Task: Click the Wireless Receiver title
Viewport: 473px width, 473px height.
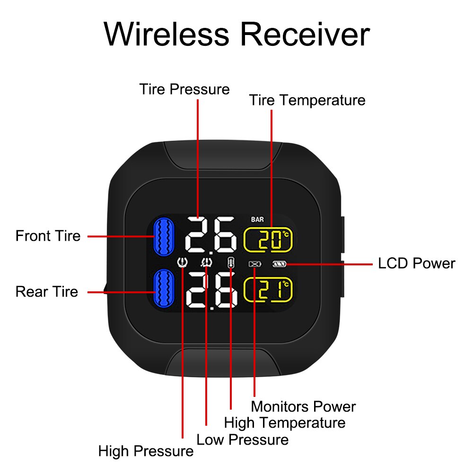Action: (236, 34)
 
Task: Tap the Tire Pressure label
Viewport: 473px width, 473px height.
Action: (184, 89)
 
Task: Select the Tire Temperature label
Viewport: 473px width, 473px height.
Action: (307, 100)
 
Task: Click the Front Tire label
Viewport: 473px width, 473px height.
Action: (48, 236)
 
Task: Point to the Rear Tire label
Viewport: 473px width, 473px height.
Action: (46, 291)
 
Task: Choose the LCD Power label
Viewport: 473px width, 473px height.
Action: (416, 263)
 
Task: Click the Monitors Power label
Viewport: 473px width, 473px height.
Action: (303, 406)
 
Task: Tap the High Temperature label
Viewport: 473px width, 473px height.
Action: (285, 422)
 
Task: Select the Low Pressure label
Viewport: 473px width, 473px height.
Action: (242, 439)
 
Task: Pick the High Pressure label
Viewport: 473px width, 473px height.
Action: (146, 451)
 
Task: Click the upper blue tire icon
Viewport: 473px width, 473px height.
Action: (164, 236)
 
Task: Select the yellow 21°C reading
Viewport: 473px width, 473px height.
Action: (268, 289)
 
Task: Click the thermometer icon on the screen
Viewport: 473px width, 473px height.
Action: (230, 263)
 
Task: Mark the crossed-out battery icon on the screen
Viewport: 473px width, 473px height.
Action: (254, 264)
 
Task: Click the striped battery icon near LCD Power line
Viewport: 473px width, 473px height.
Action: (278, 264)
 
